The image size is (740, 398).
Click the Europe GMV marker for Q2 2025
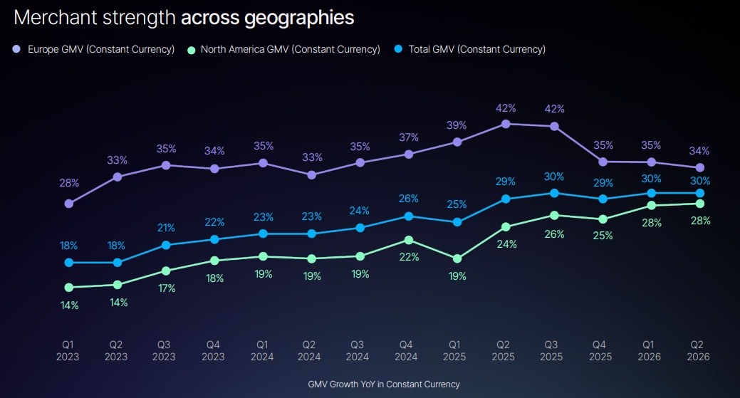(x=506, y=124)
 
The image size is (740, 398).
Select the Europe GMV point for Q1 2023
(x=69, y=204)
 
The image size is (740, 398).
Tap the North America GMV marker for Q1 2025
(x=457, y=259)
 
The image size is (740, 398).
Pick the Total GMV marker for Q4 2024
(x=409, y=216)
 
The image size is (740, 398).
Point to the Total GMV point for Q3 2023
(x=166, y=245)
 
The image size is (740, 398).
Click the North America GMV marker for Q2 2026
(x=700, y=204)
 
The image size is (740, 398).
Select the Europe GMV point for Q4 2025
(x=603, y=162)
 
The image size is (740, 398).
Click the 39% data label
(x=457, y=125)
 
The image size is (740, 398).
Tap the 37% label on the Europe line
(x=409, y=137)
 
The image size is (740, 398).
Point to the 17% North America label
(x=167, y=288)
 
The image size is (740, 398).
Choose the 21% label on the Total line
(x=166, y=228)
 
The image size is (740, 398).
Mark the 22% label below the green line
(x=409, y=257)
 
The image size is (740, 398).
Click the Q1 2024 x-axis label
(x=262, y=351)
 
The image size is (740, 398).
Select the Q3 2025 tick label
(x=551, y=351)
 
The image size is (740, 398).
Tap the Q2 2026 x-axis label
(x=698, y=351)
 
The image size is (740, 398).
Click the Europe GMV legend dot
(x=16, y=49)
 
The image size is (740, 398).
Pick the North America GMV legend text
(x=291, y=50)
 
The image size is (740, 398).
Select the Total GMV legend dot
(x=398, y=49)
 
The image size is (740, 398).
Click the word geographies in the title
(x=299, y=19)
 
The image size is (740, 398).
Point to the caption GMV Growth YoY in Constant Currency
(x=384, y=384)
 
